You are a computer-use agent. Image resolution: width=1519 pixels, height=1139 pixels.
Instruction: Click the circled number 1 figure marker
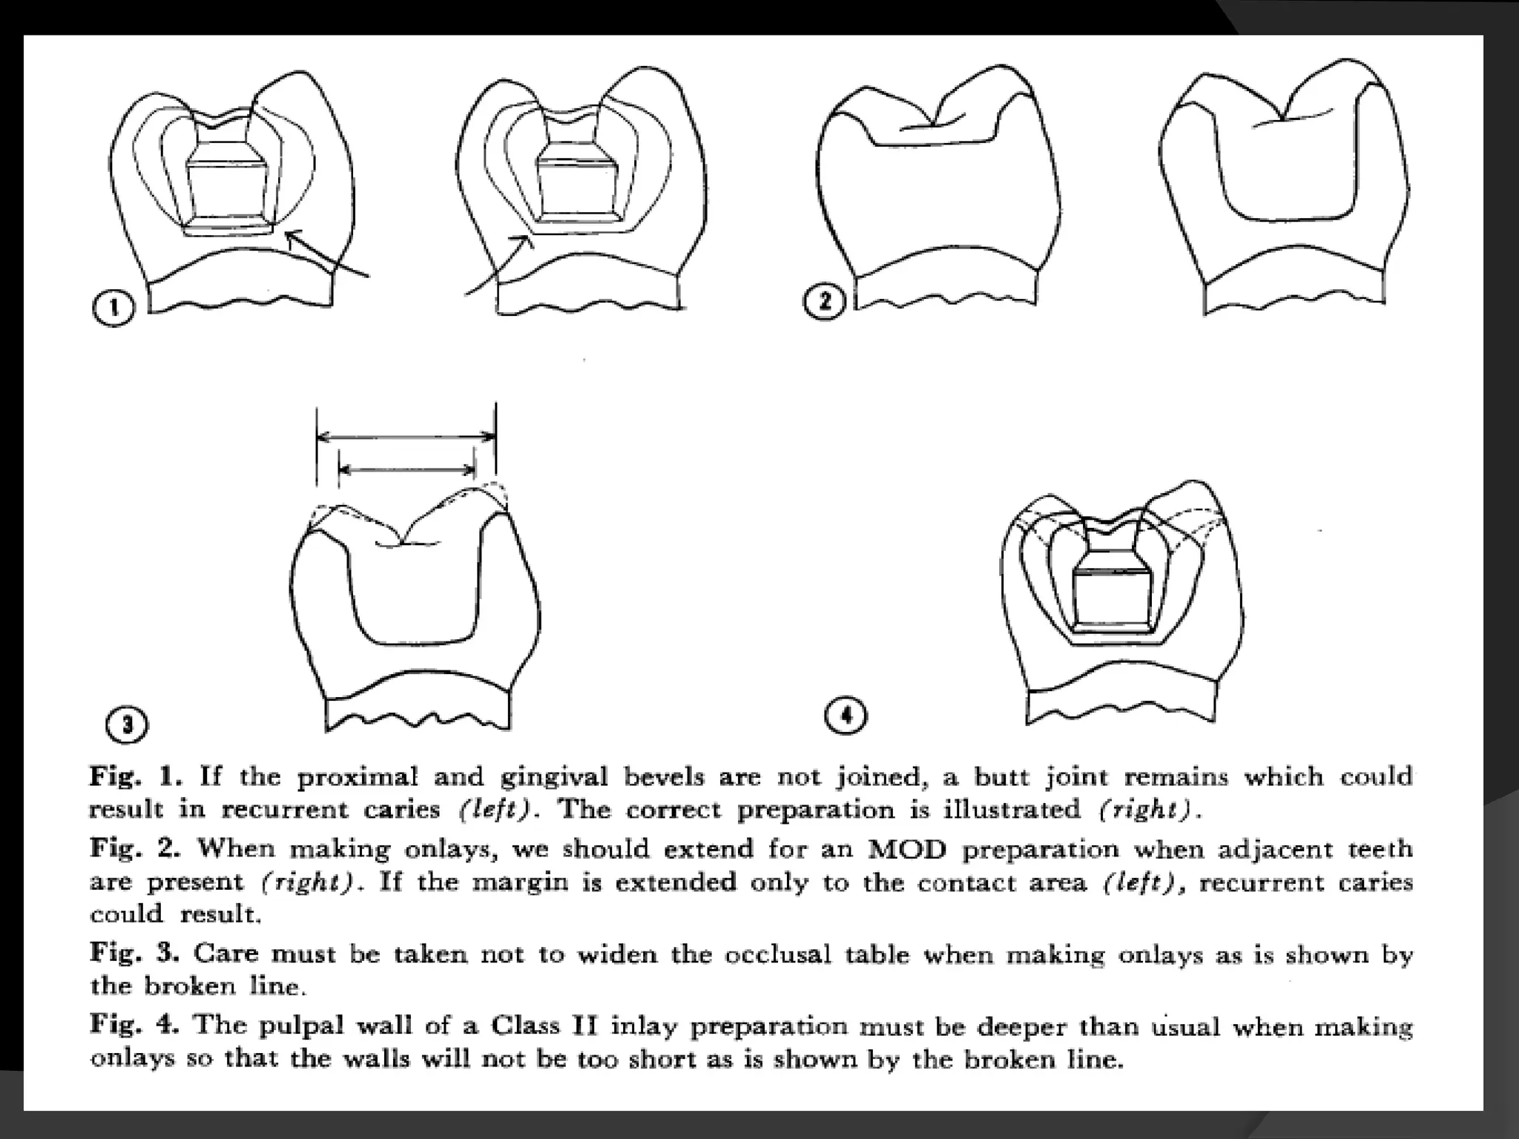[x=113, y=308]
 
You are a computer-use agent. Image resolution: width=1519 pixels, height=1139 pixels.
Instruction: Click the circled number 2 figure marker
[x=823, y=303]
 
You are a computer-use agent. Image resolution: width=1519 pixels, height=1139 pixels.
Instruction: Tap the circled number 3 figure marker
[x=127, y=724]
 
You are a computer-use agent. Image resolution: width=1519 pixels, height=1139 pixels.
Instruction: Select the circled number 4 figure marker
[x=846, y=716]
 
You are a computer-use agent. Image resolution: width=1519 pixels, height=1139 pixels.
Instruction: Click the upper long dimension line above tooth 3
[x=406, y=437]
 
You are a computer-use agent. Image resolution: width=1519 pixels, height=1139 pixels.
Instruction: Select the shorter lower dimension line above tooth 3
[x=406, y=469]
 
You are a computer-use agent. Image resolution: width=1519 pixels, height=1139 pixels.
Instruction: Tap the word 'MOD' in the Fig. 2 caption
[x=907, y=848]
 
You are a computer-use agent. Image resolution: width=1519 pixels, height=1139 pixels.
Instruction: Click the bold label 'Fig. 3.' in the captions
[x=134, y=953]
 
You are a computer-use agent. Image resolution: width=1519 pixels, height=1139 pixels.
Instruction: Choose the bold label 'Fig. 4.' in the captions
[x=134, y=1025]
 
